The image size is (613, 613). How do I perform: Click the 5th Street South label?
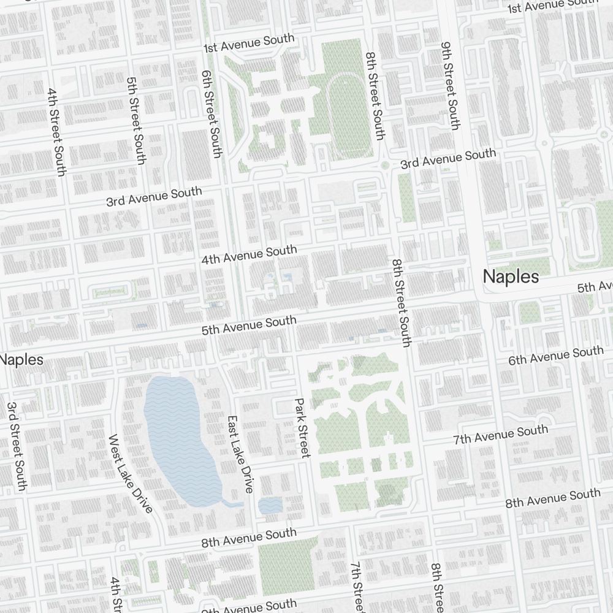tap(135, 120)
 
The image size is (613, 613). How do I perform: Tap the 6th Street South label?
tap(210, 113)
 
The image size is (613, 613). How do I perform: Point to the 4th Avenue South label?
tap(249, 254)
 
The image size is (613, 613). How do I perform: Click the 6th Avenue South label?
tap(555, 356)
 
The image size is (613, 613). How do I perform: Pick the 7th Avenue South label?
tap(501, 435)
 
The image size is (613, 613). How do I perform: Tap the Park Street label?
tap(302, 428)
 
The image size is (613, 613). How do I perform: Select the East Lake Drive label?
tap(240, 454)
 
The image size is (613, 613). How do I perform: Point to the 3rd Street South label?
tap(17, 446)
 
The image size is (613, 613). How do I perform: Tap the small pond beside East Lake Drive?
tap(270, 505)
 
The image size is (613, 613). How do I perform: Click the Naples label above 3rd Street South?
tap(22, 359)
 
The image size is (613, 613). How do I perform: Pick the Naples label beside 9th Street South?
tap(511, 276)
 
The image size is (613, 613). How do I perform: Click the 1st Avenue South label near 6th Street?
tap(249, 43)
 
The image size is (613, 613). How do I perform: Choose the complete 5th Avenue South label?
tap(249, 326)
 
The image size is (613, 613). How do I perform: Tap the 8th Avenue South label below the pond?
tap(249, 538)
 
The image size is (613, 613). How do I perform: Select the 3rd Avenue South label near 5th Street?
tap(154, 196)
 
